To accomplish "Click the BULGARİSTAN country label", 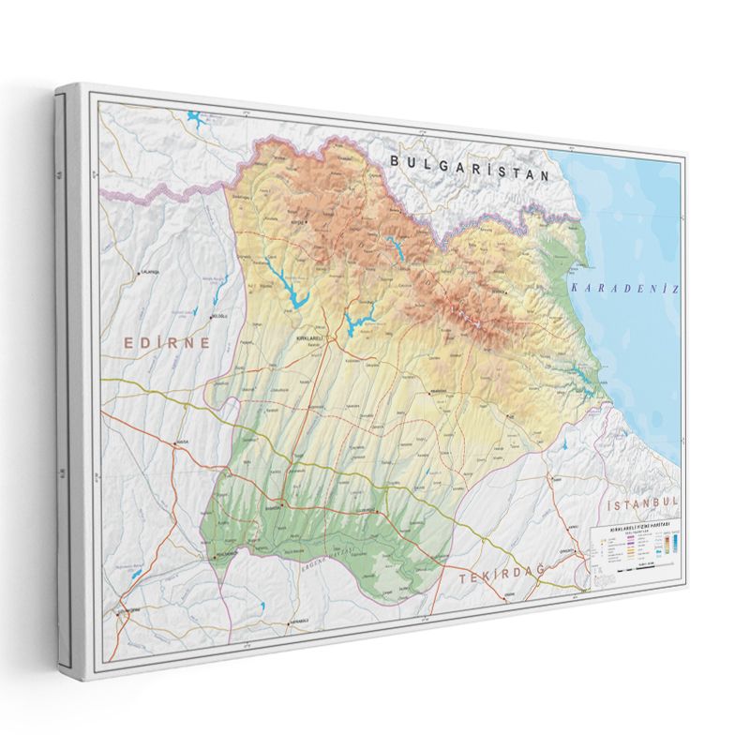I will pyautogui.click(x=468, y=166).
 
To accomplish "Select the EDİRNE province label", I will pyautogui.click(x=168, y=343).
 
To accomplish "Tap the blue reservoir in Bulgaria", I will pyautogui.click(x=197, y=119).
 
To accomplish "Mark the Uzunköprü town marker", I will pyautogui.click(x=122, y=611).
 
